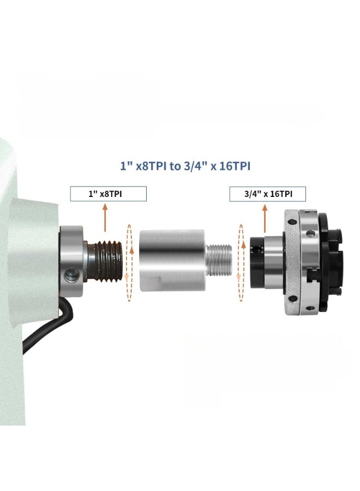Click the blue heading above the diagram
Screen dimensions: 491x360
coord(185,165)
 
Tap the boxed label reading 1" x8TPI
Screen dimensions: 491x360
coord(108,194)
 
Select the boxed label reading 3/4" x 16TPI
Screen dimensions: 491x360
coord(267,194)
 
